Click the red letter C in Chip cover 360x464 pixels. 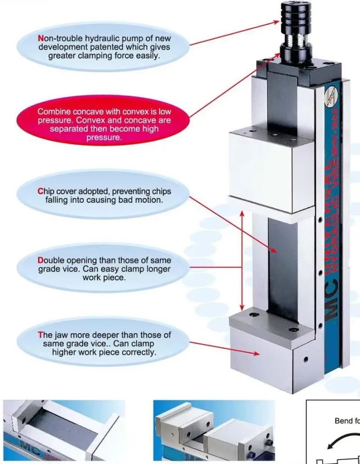pos(40,192)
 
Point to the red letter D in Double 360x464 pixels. pos(40,261)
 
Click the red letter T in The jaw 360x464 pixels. pos(40,335)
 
